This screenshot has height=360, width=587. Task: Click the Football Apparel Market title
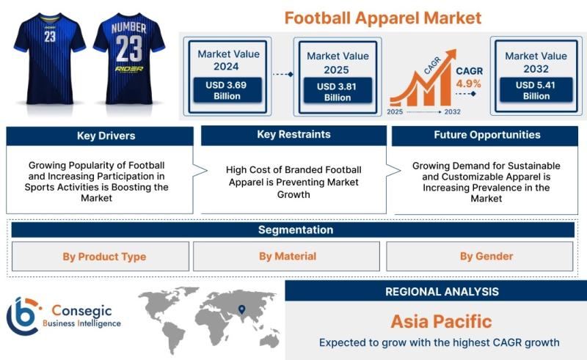(382, 18)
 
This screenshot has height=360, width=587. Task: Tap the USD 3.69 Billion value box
(227, 90)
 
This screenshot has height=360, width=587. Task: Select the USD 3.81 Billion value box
(338, 92)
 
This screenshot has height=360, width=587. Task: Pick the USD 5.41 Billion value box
(536, 90)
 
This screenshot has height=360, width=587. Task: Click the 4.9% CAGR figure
(468, 84)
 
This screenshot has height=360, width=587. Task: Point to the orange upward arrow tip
(455, 50)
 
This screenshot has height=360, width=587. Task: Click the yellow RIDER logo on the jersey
(129, 69)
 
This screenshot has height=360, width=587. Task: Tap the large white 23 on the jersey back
(129, 48)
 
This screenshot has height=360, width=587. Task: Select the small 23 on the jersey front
(50, 37)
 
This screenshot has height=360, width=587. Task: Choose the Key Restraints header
(294, 135)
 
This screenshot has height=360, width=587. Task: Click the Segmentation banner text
(296, 229)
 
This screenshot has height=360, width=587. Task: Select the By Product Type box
(101, 257)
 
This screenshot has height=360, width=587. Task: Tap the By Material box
(286, 257)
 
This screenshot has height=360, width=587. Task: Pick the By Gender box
(480, 257)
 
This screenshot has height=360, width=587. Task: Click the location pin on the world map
(242, 309)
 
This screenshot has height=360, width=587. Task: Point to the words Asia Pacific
(442, 321)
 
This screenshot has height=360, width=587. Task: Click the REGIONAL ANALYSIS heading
(442, 292)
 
